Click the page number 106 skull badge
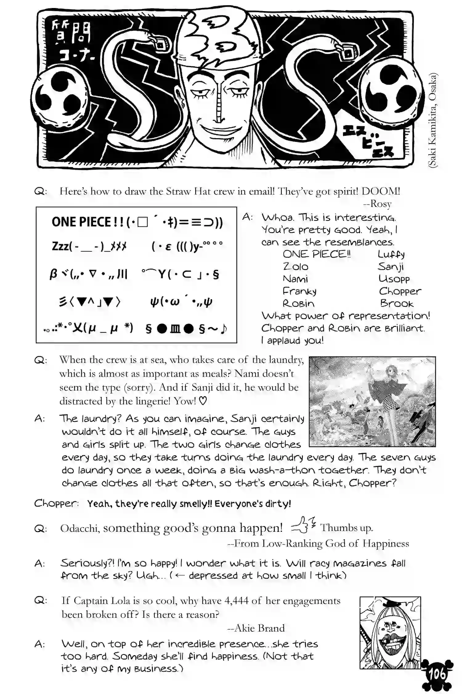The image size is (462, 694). (x=437, y=675)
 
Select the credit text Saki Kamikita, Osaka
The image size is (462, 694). (x=433, y=120)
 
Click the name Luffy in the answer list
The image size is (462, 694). (x=391, y=254)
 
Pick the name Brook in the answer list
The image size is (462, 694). (x=396, y=304)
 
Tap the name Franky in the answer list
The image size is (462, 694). (x=300, y=291)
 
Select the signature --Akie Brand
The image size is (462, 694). (x=256, y=628)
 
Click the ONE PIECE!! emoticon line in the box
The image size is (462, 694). (x=137, y=222)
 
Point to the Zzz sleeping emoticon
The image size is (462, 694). (x=89, y=246)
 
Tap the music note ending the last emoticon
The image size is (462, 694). (x=224, y=329)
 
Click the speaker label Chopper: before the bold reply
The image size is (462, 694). (x=56, y=503)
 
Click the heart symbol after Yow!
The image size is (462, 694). (x=202, y=401)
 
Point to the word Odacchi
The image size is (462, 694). (x=79, y=528)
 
